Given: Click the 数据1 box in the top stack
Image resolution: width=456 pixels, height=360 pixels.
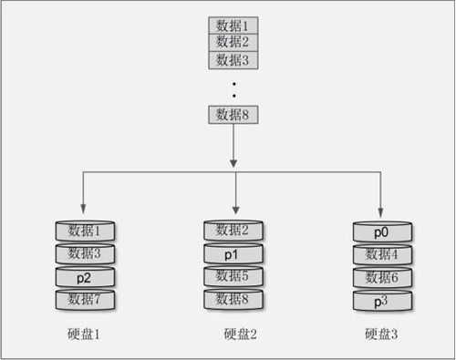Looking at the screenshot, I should point(233,25).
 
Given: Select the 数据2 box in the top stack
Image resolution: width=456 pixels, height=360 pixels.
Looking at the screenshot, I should point(233,41).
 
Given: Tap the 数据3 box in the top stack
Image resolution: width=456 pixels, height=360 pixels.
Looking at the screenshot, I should point(233,59).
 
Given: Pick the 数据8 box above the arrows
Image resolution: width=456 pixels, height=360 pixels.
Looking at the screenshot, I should point(233,114).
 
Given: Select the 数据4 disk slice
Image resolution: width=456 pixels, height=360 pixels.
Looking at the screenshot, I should point(382,253).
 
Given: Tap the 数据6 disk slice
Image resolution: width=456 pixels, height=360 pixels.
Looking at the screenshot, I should point(382,276).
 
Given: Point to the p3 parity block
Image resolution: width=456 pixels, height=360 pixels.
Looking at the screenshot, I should point(382,298).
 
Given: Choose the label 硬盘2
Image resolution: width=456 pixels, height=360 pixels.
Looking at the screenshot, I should point(240,334).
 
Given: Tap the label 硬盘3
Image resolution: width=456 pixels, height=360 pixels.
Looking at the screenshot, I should point(381,334).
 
